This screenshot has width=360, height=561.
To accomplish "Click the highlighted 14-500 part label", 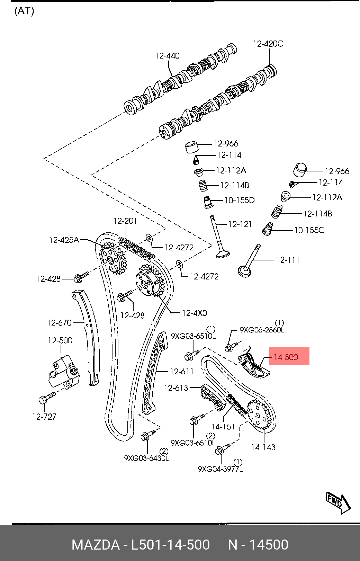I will pos(286,357).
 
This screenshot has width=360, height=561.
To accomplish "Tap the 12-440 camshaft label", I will pos(167,56).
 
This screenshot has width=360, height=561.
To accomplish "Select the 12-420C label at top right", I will pos(268,44).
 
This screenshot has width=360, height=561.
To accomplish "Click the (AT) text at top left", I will pos(24,11).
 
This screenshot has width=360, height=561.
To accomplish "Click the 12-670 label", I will pos(59,323).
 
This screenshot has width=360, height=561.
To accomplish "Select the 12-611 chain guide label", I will pos(182,372).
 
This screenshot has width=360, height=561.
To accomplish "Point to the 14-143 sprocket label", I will pos(263,447).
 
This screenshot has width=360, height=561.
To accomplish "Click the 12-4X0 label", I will pos(194,313).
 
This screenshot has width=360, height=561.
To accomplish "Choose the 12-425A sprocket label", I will pos(64,240).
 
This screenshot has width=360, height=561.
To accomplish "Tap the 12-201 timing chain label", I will pos(125,221).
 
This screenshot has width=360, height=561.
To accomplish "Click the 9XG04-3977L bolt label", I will pos(220,469).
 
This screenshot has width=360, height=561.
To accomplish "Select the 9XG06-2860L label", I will pos(262,330).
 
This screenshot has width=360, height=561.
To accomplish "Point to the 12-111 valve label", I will pos(288,260).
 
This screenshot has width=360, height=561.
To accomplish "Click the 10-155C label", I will pos(309,230).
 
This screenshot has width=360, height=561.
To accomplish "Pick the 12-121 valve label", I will pos(240,224).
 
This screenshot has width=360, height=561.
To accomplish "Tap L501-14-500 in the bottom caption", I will pos(170,545).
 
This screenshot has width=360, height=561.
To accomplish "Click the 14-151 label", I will pos(224,427).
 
